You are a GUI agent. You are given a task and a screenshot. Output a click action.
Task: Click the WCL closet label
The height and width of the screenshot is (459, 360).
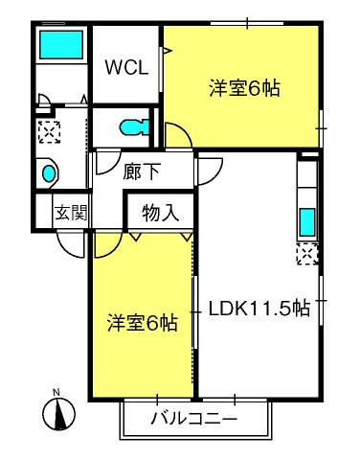click(126, 67)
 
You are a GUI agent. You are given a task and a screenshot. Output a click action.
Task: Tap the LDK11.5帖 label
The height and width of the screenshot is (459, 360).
click(259, 309)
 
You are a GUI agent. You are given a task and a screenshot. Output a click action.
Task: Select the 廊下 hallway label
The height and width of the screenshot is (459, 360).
click(142, 172)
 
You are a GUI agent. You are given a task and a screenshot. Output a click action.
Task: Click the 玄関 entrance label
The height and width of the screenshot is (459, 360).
click(71, 213)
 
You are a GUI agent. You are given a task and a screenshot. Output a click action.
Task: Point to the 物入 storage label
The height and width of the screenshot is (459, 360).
click(161, 213)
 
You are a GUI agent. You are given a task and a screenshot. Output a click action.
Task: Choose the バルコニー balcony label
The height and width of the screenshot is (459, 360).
click(194, 419)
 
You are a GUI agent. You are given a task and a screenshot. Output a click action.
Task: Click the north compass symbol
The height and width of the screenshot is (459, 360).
click(59, 414)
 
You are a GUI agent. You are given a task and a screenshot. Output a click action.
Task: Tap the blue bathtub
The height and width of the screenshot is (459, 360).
click(61, 44)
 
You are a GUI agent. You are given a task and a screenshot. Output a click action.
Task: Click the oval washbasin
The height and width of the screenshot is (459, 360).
click(49, 173)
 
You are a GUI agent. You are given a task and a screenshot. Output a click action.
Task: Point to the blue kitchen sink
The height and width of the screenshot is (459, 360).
click(307, 222)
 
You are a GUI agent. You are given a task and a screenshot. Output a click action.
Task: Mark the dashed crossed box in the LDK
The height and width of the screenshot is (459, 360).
click(307, 254)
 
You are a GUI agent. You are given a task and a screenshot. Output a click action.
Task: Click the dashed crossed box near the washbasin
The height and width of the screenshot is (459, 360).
click(49, 131)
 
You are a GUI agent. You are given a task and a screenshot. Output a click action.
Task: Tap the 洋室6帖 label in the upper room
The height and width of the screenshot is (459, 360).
click(245, 88)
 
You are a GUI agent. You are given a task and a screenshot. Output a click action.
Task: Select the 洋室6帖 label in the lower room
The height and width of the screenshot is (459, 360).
click(143, 323)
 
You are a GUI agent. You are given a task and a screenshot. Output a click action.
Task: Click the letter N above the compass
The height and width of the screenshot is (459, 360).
click(56, 392)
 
